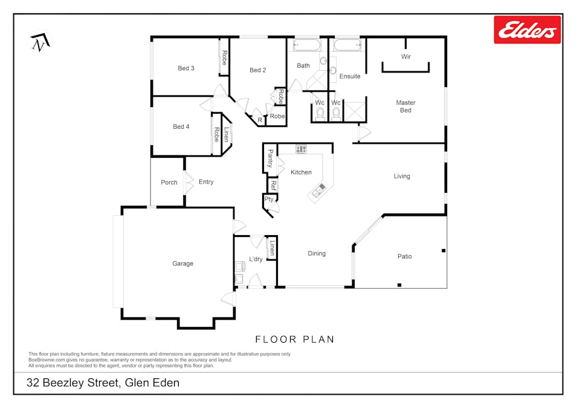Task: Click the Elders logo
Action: tap(527, 30)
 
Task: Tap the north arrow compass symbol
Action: tap(40, 42)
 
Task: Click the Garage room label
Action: tap(182, 264)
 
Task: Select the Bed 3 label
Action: tap(186, 68)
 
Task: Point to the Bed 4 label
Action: tap(181, 127)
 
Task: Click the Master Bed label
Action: tap(405, 106)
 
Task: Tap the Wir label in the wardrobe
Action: tap(406, 57)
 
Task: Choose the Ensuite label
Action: tap(350, 76)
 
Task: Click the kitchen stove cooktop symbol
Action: tap(301, 149)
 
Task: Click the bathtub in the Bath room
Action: tap(307, 45)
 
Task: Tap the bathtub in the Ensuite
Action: tap(347, 45)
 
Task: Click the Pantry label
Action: tap(271, 158)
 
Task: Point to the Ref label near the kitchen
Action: tap(273, 185)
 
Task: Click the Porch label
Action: tap(169, 183)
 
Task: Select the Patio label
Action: tap(404, 256)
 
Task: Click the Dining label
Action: tap(317, 253)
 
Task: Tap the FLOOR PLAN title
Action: tap(295, 339)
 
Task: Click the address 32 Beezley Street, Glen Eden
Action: tap(103, 383)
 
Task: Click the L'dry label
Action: tap(256, 259)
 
